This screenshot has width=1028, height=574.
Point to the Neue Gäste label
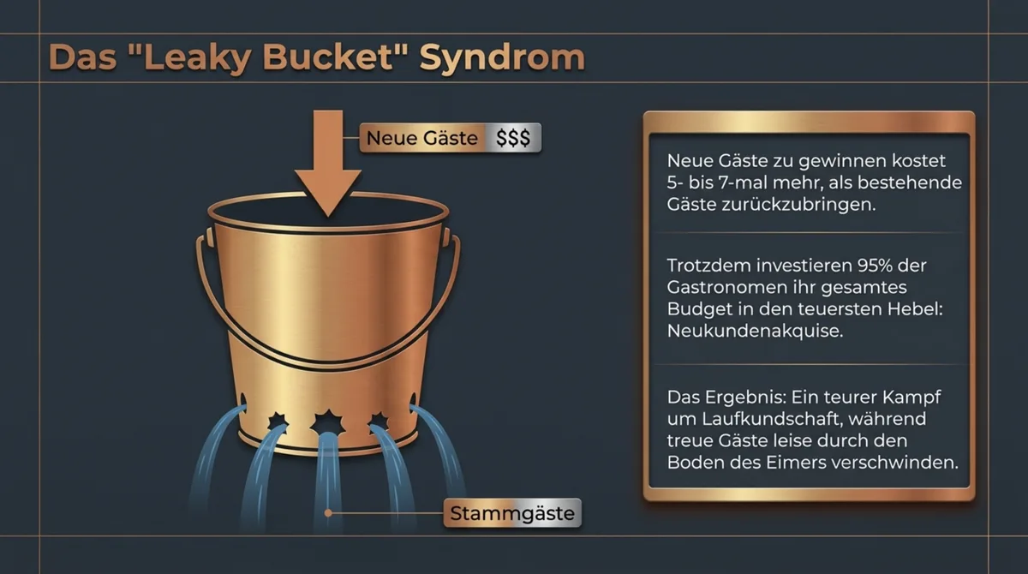click(x=422, y=137)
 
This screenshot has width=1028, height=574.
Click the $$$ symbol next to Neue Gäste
click(x=513, y=137)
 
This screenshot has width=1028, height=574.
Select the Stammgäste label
click(x=512, y=514)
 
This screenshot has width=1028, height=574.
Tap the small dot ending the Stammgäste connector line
click(x=327, y=514)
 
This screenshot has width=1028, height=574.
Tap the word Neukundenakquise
click(x=754, y=332)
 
